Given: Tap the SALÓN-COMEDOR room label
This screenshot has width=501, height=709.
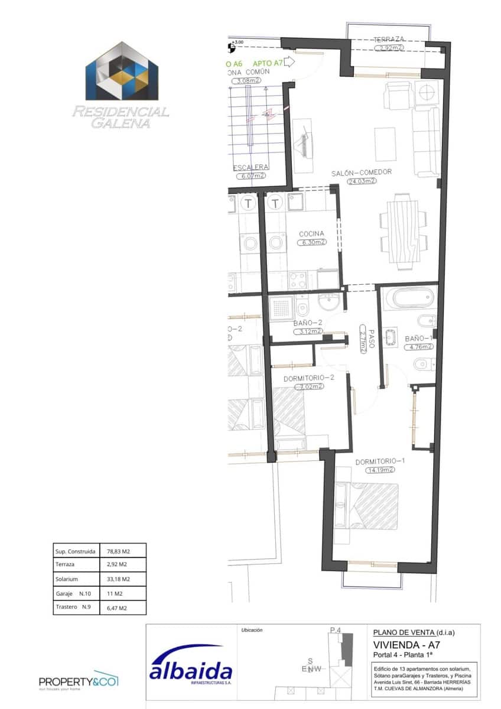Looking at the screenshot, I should pyautogui.click(x=362, y=173).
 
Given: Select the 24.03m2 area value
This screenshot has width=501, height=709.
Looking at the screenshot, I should pyautogui.click(x=362, y=181).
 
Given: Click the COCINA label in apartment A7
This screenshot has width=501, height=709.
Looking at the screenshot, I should pyautogui.click(x=311, y=234).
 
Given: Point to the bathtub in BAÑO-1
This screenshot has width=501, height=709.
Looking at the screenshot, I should pyautogui.click(x=407, y=298).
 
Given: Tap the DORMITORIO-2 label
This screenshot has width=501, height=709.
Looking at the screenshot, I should pyautogui.click(x=309, y=378).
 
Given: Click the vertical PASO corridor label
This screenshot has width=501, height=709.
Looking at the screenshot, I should pyautogui.click(x=364, y=340).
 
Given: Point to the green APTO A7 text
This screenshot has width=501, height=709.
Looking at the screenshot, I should pyautogui.click(x=269, y=62).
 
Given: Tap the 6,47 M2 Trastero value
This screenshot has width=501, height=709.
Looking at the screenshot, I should pyautogui.click(x=117, y=607).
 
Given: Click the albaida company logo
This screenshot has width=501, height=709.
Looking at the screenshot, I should pyautogui.click(x=191, y=671).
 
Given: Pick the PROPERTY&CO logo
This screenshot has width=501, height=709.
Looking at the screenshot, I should pyautogui.click(x=79, y=681).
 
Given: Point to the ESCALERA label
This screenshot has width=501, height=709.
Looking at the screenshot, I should pyautogui.click(x=252, y=167).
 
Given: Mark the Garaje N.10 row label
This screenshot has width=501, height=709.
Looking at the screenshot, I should pyautogui.click(x=74, y=593).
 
